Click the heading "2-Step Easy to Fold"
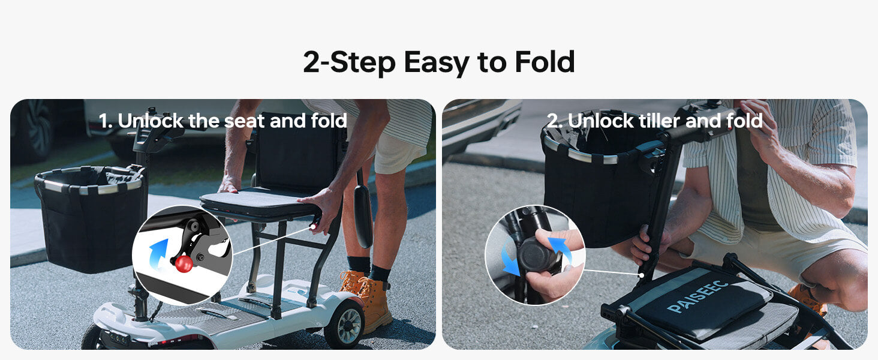point(438,62)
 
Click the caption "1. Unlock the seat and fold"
point(223,121)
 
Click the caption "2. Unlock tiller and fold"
point(654,121)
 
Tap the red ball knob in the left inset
point(184,263)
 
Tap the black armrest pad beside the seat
point(363,216)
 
